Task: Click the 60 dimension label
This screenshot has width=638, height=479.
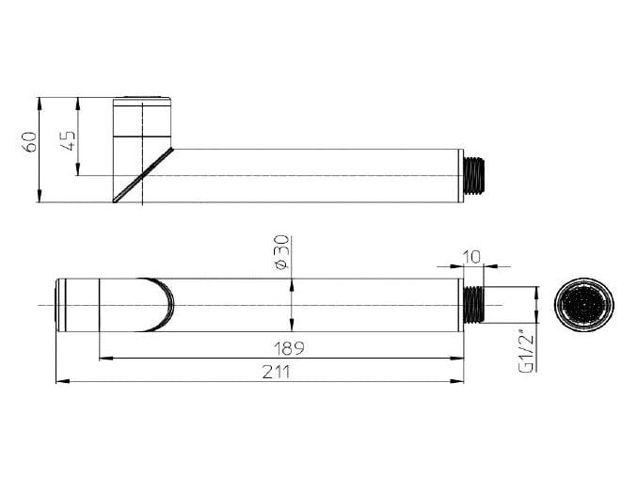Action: point(31,141)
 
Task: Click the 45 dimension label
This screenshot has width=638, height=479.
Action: point(70,141)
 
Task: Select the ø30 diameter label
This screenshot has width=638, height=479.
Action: point(282,252)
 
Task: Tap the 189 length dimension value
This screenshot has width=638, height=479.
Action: point(289,349)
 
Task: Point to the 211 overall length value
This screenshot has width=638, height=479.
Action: point(277,372)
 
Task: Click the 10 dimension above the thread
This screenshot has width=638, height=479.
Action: point(472,257)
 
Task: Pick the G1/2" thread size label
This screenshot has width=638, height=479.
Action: point(527,351)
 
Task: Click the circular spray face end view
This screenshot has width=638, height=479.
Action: point(584,305)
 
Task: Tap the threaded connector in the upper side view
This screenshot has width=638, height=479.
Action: point(473,176)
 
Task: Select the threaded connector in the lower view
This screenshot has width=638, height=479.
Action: point(473,305)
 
